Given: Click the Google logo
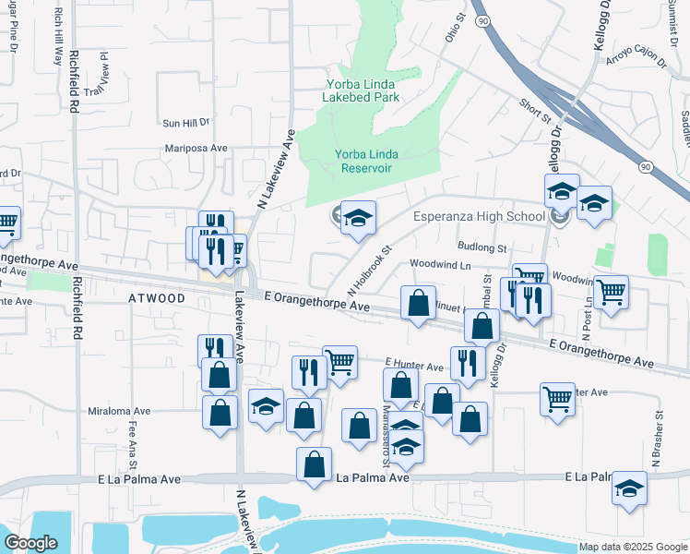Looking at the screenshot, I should (31, 543).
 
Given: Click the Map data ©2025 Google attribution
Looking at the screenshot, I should (633, 547).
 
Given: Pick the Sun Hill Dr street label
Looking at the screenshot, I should (186, 122).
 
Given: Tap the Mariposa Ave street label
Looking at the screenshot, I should (196, 148).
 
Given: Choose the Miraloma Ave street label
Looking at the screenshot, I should (118, 411).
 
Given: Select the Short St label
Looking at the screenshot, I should (535, 112).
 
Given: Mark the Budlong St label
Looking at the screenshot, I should (483, 248).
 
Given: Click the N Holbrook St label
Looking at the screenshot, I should (370, 269).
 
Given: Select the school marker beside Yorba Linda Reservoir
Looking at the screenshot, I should (358, 219).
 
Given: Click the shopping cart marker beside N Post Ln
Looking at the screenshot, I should (611, 293).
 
